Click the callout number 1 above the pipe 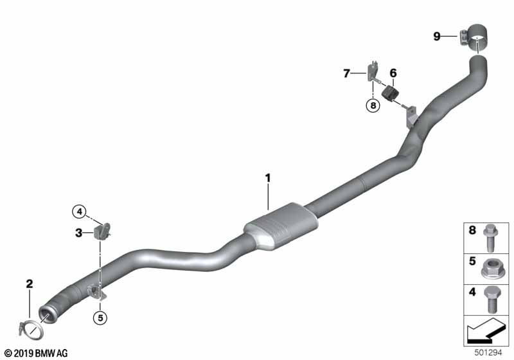click(268, 178)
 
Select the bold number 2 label click(30, 283)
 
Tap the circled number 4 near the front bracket click(80, 212)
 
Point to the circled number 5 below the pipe click(100, 318)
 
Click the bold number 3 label click(78, 233)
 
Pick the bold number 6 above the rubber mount click(393, 73)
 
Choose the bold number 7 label click(346, 73)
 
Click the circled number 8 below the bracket click(373, 105)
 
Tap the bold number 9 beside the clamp click(437, 36)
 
